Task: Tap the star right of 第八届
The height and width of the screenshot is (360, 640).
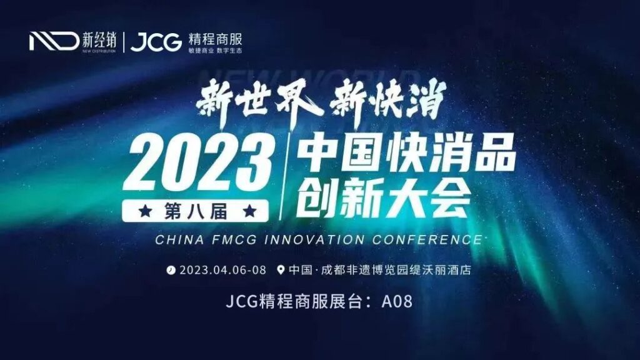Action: [249, 211]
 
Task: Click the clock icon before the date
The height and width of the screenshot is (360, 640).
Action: [171, 271]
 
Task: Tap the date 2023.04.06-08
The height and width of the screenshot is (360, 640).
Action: [222, 271]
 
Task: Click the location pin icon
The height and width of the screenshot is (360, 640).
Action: [280, 271]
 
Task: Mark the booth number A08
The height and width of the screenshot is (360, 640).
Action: [397, 301]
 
